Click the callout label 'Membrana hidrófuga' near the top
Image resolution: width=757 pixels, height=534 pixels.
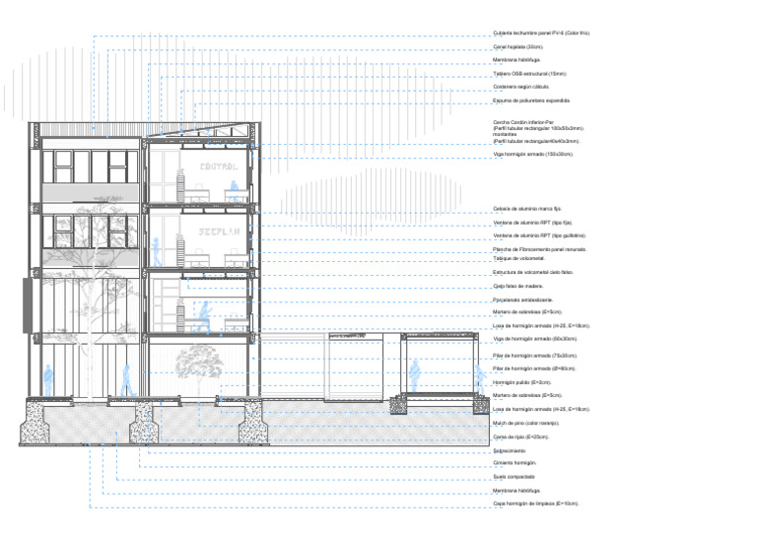pos(516,60)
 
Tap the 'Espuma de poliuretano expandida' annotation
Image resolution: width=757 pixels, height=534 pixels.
pos(531,100)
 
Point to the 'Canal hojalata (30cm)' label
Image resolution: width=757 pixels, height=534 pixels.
pos(518,46)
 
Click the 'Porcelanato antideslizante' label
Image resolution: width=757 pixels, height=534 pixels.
pos(523,300)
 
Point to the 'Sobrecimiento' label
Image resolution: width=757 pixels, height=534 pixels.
pos(510,450)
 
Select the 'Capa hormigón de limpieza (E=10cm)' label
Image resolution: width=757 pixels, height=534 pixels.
pos(535,503)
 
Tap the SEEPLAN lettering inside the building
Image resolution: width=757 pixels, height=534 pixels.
pos(218,234)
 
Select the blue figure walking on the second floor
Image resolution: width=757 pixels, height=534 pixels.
pos(206,316)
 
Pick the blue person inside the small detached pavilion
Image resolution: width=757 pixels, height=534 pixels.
pos(415,373)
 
